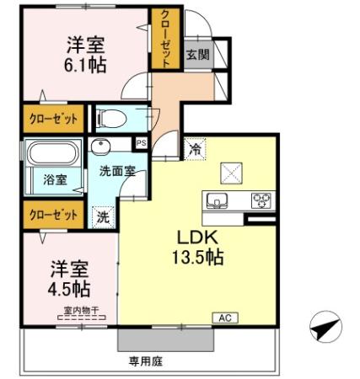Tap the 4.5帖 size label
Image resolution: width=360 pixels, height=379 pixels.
coord(69,288)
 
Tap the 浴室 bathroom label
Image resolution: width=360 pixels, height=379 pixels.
coord(44,179)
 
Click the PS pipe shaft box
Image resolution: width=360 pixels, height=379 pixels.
coord(142,142)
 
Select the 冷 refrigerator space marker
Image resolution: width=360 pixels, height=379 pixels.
coord(195,148)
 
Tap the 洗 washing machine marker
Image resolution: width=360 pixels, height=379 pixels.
coord(102,215)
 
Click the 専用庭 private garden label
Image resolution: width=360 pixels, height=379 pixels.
coord(145,362)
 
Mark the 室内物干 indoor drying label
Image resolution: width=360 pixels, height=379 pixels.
coord(81,311)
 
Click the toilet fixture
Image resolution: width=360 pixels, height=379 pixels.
coord(110,117)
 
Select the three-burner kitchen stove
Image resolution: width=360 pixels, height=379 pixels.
coord(262,200)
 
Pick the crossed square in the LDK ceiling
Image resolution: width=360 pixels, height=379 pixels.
coord(230,172)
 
